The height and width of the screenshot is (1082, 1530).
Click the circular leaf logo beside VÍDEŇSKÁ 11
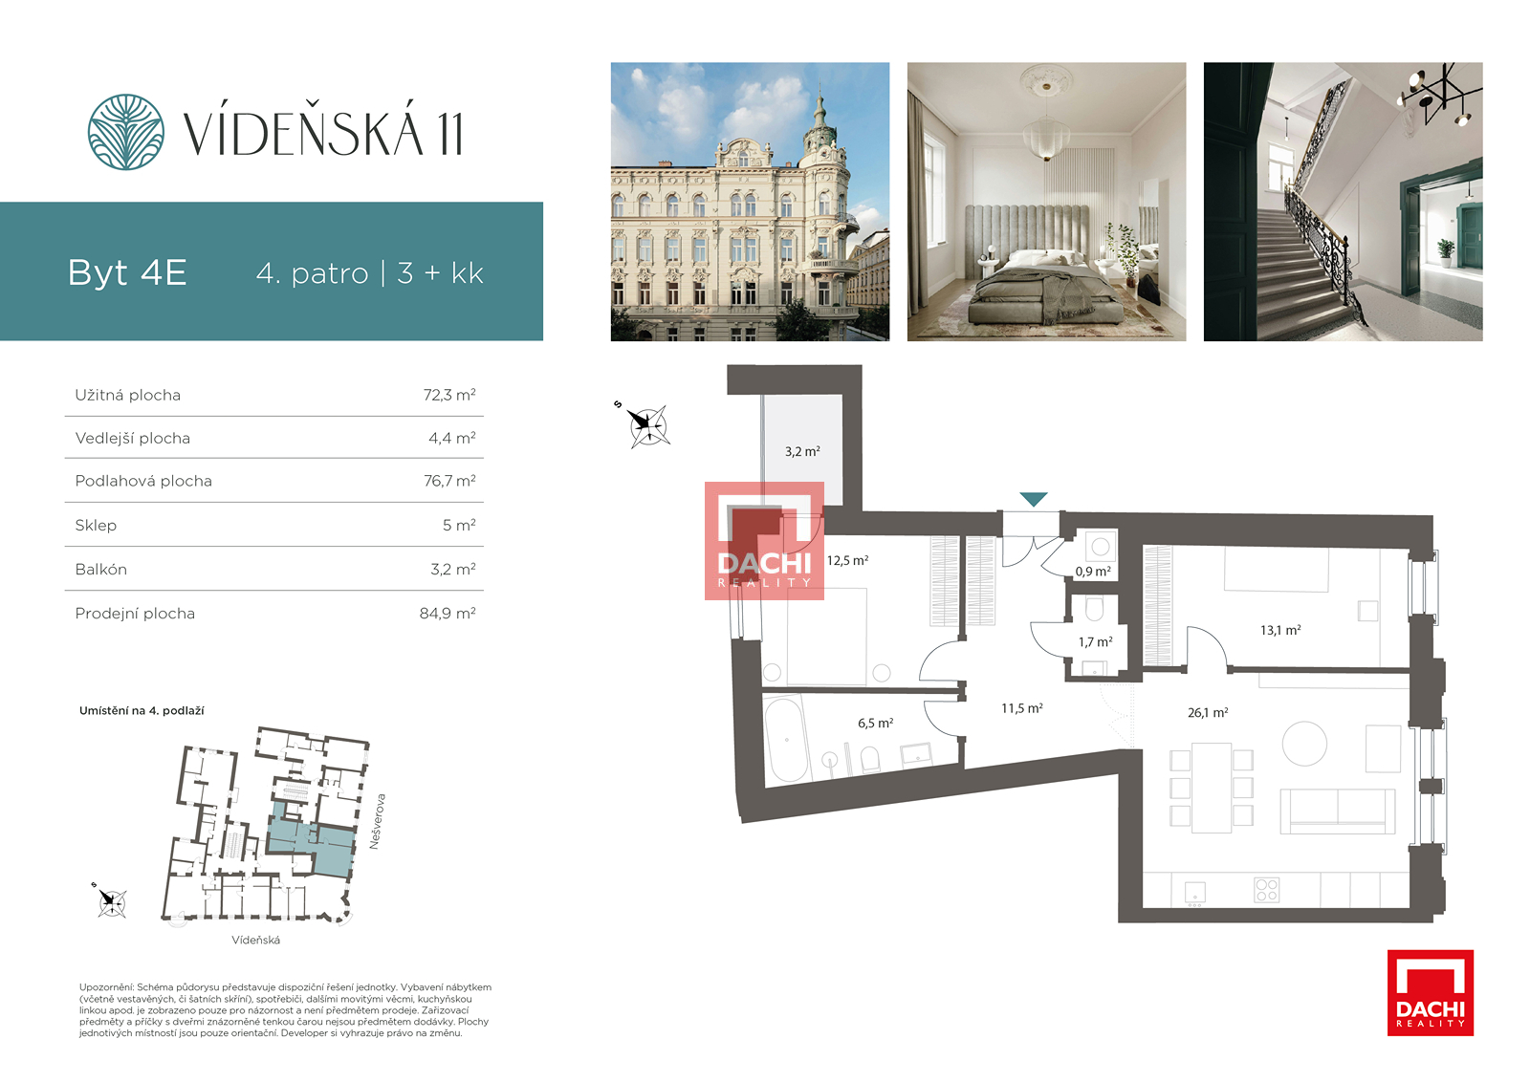[125, 132]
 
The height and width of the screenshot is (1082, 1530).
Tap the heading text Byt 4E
[127, 272]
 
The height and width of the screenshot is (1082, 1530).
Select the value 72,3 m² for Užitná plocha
[448, 395]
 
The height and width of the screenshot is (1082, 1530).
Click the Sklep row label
[96, 525]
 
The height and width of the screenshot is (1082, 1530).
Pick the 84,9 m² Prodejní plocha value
[448, 613]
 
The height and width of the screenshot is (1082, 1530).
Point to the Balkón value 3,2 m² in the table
[453, 569]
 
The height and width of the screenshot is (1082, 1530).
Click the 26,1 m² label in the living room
[1208, 712]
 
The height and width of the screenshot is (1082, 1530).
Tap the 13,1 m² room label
[1280, 630]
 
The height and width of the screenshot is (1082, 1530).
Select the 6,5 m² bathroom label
[875, 723]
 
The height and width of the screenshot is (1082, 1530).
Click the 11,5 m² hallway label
[1022, 708]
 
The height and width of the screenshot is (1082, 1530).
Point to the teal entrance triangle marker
[1033, 499]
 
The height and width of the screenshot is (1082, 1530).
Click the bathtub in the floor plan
[787, 738]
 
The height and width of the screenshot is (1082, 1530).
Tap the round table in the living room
[1304, 744]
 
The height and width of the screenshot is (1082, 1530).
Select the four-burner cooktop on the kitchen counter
[1266, 890]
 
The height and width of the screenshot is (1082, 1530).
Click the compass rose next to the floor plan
[646, 426]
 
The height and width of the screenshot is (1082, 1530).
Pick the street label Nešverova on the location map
[377, 821]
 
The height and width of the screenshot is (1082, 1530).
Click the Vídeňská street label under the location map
[255, 940]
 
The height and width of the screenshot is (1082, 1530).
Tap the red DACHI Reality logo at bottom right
[1431, 992]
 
